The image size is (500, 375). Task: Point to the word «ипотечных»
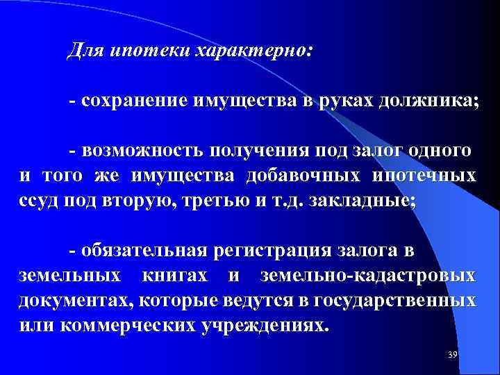[x=424, y=174]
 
